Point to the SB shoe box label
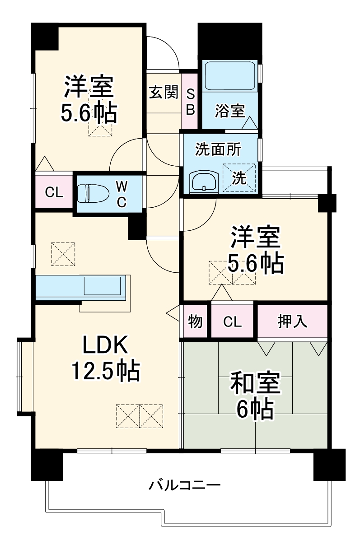[190, 102]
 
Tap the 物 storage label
[195, 322]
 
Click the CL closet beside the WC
[53, 192]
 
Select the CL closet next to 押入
[232, 322]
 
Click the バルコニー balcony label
[185, 486]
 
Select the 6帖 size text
[255, 410]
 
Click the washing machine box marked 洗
[239, 178]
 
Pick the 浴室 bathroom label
[230, 111]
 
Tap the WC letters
[121, 194]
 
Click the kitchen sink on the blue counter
[103, 286]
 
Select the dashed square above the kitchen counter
[63, 254]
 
